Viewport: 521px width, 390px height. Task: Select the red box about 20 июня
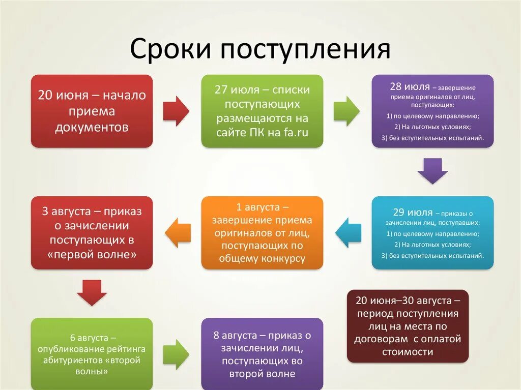pyautogui.click(x=92, y=111)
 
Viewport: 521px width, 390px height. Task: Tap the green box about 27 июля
pyautogui.click(x=262, y=111)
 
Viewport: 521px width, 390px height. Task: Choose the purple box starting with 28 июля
pyautogui.click(x=432, y=111)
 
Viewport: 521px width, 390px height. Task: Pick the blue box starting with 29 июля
pyautogui.click(x=432, y=232)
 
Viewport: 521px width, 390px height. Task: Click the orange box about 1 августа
pyautogui.click(x=262, y=232)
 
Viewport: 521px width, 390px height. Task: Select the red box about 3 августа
pyautogui.click(x=92, y=232)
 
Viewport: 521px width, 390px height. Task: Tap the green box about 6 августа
pyautogui.click(x=92, y=353)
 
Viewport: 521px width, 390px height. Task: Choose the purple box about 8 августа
pyautogui.click(x=262, y=354)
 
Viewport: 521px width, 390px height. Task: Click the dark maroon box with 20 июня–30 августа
pyautogui.click(x=407, y=326)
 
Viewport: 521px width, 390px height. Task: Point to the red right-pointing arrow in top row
pyautogui.click(x=176, y=111)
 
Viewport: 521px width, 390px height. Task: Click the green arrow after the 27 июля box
pyautogui.click(x=346, y=111)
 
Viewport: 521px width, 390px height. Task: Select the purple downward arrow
pyautogui.click(x=432, y=171)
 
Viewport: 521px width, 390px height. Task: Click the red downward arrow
pyautogui.click(x=92, y=292)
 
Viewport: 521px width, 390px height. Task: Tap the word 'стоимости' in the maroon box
pyautogui.click(x=407, y=351)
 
